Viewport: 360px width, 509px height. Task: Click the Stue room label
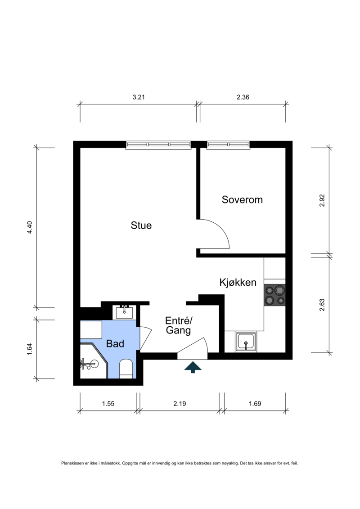tap(141, 225)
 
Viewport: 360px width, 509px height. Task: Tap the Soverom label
tap(242, 200)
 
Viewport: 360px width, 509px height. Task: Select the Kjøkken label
tap(238, 283)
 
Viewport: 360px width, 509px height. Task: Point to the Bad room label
tap(115, 343)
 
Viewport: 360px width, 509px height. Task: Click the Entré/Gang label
tap(179, 325)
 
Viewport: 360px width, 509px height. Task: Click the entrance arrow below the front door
tap(193, 367)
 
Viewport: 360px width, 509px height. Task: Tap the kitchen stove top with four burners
tap(275, 295)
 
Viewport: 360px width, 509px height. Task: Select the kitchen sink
tap(246, 342)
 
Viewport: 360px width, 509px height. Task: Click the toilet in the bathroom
tap(126, 369)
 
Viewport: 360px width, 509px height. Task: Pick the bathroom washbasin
tap(124, 312)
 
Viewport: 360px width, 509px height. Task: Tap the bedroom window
tap(229, 145)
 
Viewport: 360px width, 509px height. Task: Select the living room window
tap(158, 145)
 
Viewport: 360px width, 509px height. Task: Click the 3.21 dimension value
tap(139, 97)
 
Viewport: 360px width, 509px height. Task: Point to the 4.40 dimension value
tap(30, 228)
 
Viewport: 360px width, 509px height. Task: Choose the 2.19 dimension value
tap(180, 404)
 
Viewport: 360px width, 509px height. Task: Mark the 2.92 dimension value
tap(322, 201)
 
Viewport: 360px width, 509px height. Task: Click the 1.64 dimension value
tap(30, 349)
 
